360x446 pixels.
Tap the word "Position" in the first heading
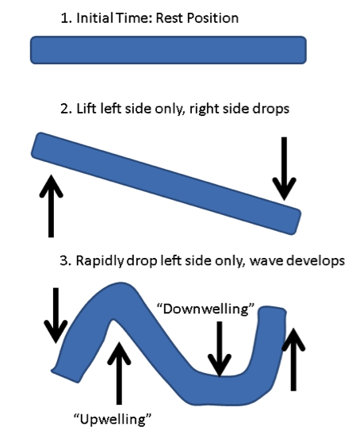213,19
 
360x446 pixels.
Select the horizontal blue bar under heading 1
168,50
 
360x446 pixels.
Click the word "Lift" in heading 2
86,109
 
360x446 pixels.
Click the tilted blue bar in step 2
166,183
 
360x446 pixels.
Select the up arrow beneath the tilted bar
51,206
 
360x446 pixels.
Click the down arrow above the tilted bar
284,168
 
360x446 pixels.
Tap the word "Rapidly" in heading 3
100,261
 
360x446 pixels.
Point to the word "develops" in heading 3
316,262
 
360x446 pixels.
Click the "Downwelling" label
205,309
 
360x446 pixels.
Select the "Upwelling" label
113,419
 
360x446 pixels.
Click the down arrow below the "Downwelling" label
220,349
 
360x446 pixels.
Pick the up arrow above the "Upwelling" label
119,373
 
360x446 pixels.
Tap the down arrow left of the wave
56,315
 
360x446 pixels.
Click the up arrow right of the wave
293,359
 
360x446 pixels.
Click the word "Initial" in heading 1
94,18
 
